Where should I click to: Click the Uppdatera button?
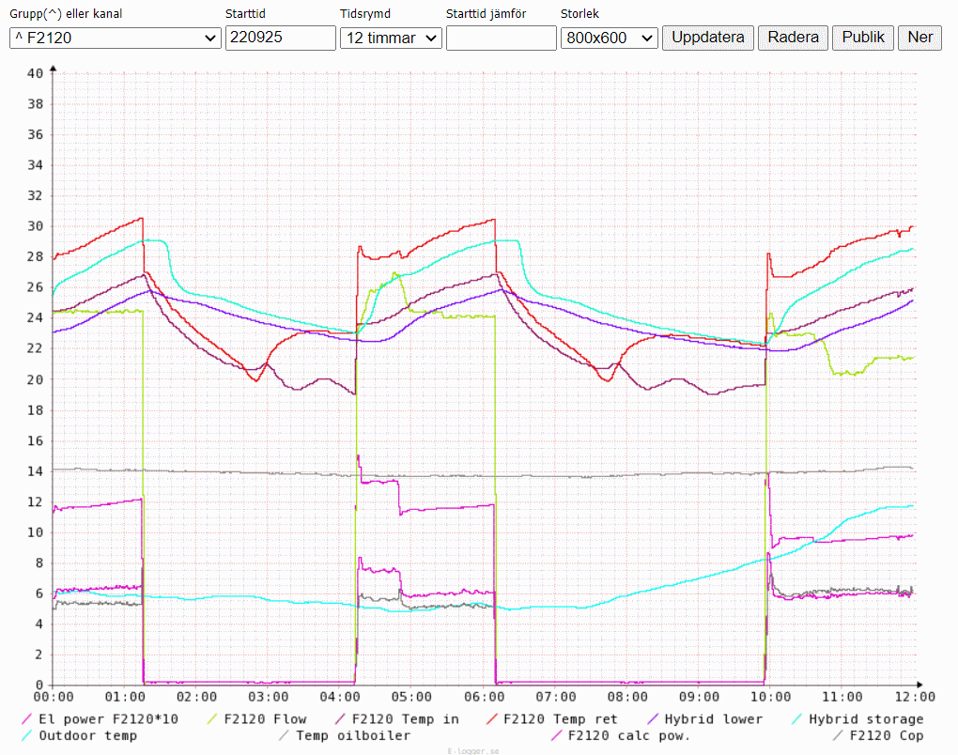click(x=708, y=38)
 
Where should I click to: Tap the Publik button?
click(x=863, y=38)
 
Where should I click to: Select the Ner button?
click(x=919, y=38)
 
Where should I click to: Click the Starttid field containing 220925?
click(x=280, y=38)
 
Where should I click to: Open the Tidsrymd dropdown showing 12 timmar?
click(x=391, y=38)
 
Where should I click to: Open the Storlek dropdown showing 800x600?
click(x=609, y=38)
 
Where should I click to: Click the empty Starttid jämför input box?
click(x=501, y=38)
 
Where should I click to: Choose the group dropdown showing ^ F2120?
click(x=115, y=38)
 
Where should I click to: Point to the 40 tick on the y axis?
click(x=36, y=73)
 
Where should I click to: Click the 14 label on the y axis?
click(x=36, y=471)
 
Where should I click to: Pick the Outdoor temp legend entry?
click(x=87, y=735)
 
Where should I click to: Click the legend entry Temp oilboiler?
click(x=352, y=735)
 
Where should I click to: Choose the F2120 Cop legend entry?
click(x=886, y=735)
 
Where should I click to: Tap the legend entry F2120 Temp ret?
click(x=560, y=719)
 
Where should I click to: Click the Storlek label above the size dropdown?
click(x=579, y=14)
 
